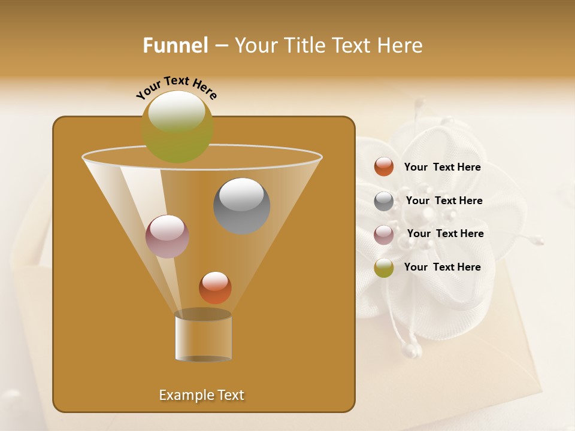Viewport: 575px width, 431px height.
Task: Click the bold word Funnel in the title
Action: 175,45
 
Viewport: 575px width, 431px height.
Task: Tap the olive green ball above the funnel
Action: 177,127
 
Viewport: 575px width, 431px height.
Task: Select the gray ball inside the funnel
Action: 241,206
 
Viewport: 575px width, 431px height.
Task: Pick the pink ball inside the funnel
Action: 167,236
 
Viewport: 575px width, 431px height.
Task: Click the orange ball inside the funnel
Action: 215,287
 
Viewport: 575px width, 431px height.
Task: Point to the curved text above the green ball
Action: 177,87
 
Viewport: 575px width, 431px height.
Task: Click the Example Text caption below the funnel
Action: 202,395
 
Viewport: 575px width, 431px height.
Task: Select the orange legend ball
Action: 384,167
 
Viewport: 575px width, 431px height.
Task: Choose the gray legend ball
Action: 384,201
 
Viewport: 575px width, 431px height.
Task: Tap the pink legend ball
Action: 384,235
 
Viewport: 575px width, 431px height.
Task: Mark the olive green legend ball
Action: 384,268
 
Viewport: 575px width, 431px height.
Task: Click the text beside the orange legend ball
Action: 442,168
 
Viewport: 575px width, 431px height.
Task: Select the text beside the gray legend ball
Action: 444,201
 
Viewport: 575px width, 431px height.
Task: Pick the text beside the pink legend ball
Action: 445,234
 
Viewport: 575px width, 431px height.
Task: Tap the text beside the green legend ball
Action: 442,267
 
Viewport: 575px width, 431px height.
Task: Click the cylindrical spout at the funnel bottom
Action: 203,337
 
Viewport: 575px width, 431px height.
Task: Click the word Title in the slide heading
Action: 304,45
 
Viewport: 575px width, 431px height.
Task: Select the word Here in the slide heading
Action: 400,45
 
